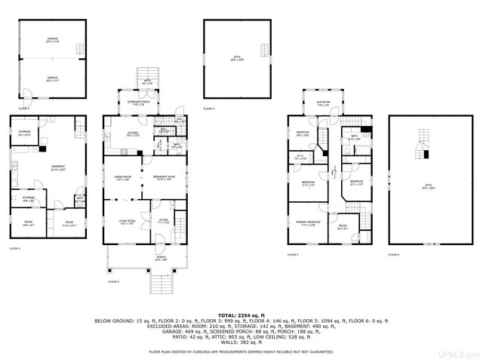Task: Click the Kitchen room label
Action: click(x=133, y=134)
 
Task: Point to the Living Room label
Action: click(x=125, y=222)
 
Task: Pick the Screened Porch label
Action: click(x=133, y=103)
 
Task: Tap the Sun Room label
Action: click(x=322, y=105)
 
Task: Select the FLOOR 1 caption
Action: click(x=15, y=248)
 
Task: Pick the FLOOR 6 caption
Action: click(x=394, y=255)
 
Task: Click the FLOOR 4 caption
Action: click(x=208, y=109)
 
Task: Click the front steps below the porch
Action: click(x=161, y=286)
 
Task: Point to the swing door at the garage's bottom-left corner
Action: click(x=24, y=94)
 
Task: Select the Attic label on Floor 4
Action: click(x=233, y=59)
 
